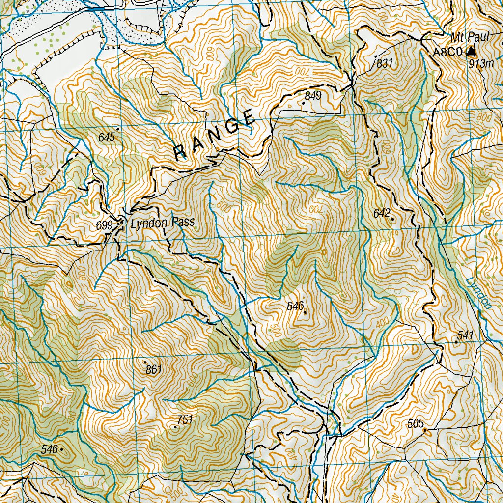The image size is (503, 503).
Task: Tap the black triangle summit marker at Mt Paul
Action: [x=472, y=51]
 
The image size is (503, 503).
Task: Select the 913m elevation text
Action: [x=480, y=63]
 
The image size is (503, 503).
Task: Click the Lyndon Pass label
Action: [x=163, y=223]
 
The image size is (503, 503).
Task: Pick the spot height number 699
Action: [x=105, y=225]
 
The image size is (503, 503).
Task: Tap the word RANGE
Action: [x=215, y=135]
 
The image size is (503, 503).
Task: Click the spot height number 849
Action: [x=313, y=96]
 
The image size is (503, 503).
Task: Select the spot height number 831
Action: [x=385, y=63]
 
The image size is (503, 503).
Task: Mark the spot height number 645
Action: [x=107, y=137]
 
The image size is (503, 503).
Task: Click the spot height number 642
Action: [x=382, y=213]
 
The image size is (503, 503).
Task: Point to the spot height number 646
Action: [x=295, y=306]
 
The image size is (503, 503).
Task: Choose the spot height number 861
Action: [x=154, y=370]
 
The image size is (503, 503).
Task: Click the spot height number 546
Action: [x=49, y=449]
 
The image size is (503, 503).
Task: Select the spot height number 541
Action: [x=465, y=335]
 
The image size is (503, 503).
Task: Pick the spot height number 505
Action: [x=415, y=424]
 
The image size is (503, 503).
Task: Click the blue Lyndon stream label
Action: [x=480, y=293]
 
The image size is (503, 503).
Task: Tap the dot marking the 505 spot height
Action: [x=425, y=431]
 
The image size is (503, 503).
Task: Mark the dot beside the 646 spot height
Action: [x=305, y=312]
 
